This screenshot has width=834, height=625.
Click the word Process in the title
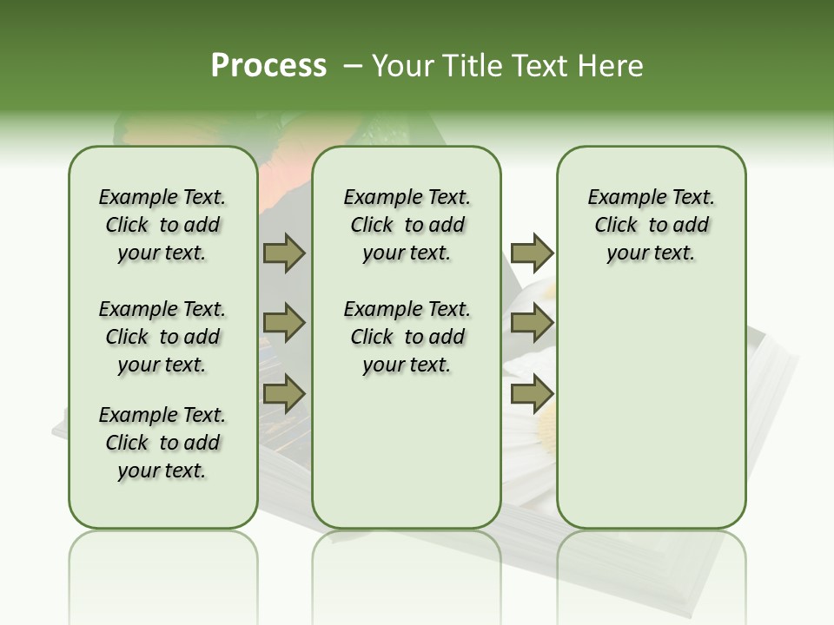click(268, 65)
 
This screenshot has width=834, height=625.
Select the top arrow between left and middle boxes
click(284, 253)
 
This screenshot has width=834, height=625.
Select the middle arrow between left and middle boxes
click(284, 323)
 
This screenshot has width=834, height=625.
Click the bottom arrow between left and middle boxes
click(284, 394)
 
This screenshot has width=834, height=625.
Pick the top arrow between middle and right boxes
click(532, 253)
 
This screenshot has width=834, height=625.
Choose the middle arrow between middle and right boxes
click(532, 323)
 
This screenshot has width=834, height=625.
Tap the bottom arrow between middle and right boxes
click(532, 394)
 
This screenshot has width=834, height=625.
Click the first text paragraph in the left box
click(162, 225)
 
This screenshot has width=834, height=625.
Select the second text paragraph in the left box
click(162, 337)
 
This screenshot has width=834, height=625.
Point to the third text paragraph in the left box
click(162, 443)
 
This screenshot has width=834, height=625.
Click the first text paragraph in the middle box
click(407, 225)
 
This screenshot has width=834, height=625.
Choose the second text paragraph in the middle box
click(407, 337)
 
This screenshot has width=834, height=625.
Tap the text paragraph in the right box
click(651, 225)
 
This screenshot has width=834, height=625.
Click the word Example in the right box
click(620, 198)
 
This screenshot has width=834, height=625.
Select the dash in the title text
click(353, 66)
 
